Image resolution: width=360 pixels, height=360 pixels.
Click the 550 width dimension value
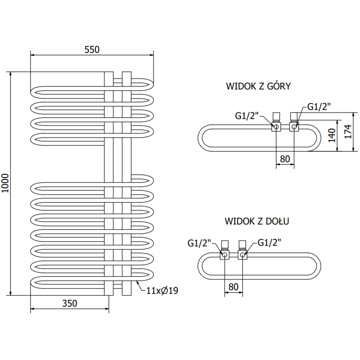point(92,49)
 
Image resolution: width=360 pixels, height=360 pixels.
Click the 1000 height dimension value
point(5,184)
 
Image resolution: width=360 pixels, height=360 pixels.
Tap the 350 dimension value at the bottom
point(69,303)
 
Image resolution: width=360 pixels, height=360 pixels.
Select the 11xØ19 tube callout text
point(162,291)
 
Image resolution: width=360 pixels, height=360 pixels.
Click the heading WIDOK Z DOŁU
point(257,221)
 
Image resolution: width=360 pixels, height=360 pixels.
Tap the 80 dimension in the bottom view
point(233,286)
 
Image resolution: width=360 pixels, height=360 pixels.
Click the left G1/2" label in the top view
point(247,116)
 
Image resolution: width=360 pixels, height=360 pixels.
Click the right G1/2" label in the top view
point(319,107)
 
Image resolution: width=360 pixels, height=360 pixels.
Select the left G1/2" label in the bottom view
point(199,243)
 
